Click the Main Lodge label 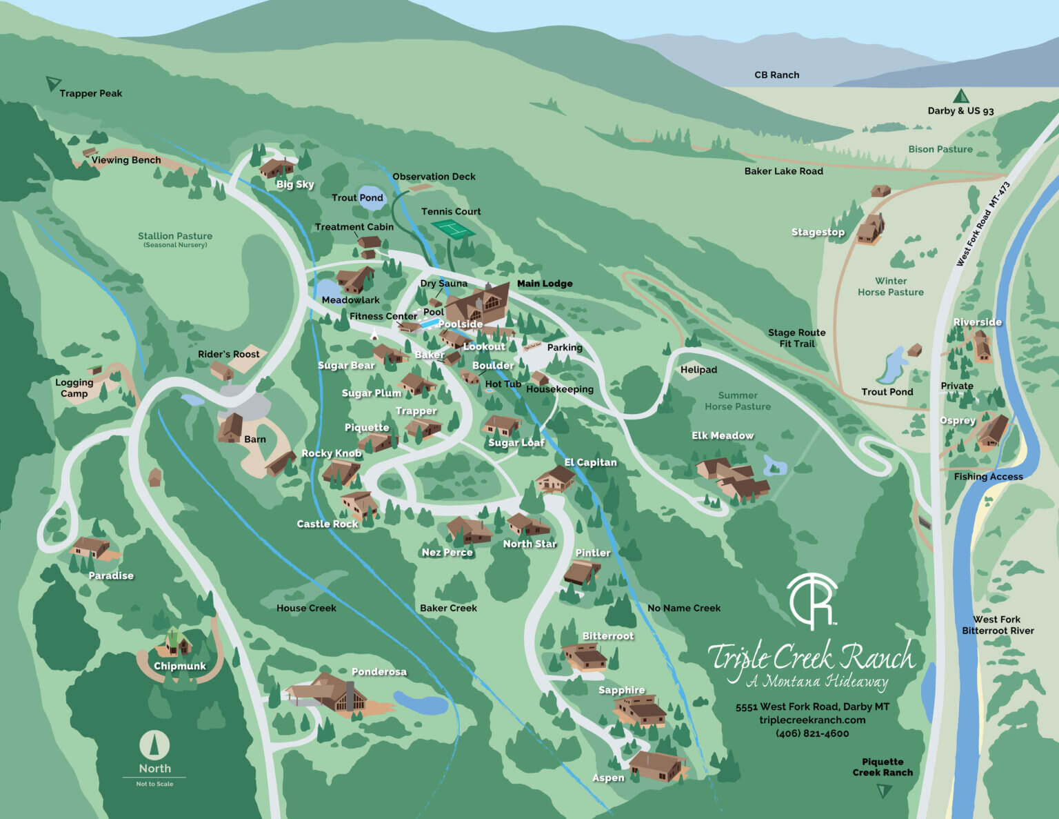tap(545, 284)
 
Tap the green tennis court tap(452, 229)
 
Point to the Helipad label tap(698, 370)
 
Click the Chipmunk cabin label tap(179, 667)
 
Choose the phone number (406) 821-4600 tap(812, 733)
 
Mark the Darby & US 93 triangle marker tap(960, 96)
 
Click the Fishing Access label tap(988, 477)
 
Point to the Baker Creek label tap(448, 608)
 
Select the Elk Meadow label tap(722, 435)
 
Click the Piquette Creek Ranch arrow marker tap(883, 791)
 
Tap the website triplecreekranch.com tap(812, 720)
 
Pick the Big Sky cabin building tap(276, 168)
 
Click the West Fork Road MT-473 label tap(982, 224)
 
